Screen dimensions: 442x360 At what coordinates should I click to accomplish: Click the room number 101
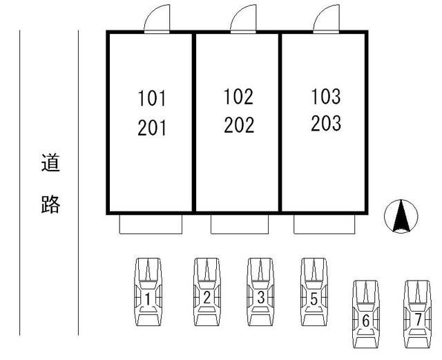pos(152,98)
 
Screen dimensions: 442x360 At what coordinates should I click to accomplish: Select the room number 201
pos(152,128)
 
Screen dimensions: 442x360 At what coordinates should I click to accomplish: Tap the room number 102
pos(238,97)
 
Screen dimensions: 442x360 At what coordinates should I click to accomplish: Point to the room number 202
pos(239,124)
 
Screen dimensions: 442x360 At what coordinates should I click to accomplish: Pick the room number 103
pos(326,96)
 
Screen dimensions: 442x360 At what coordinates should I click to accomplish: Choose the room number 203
pos(326,123)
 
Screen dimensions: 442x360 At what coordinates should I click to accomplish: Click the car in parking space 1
pos(148,292)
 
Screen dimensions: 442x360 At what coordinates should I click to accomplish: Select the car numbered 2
pos(207,292)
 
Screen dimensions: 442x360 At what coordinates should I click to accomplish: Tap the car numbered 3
pos(261,292)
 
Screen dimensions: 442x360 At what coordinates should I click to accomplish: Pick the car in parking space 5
pos(314,292)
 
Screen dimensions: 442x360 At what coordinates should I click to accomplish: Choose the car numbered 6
pos(366,314)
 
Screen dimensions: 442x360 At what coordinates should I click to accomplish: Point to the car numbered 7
pos(417,314)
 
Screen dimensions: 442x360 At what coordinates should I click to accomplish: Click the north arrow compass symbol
pos(401,216)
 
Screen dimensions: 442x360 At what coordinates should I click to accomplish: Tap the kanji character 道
pos(50,163)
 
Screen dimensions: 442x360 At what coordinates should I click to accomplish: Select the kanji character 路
pos(50,204)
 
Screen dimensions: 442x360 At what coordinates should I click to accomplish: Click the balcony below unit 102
pos(240,234)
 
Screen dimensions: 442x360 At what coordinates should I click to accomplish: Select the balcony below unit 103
pos(324,234)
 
